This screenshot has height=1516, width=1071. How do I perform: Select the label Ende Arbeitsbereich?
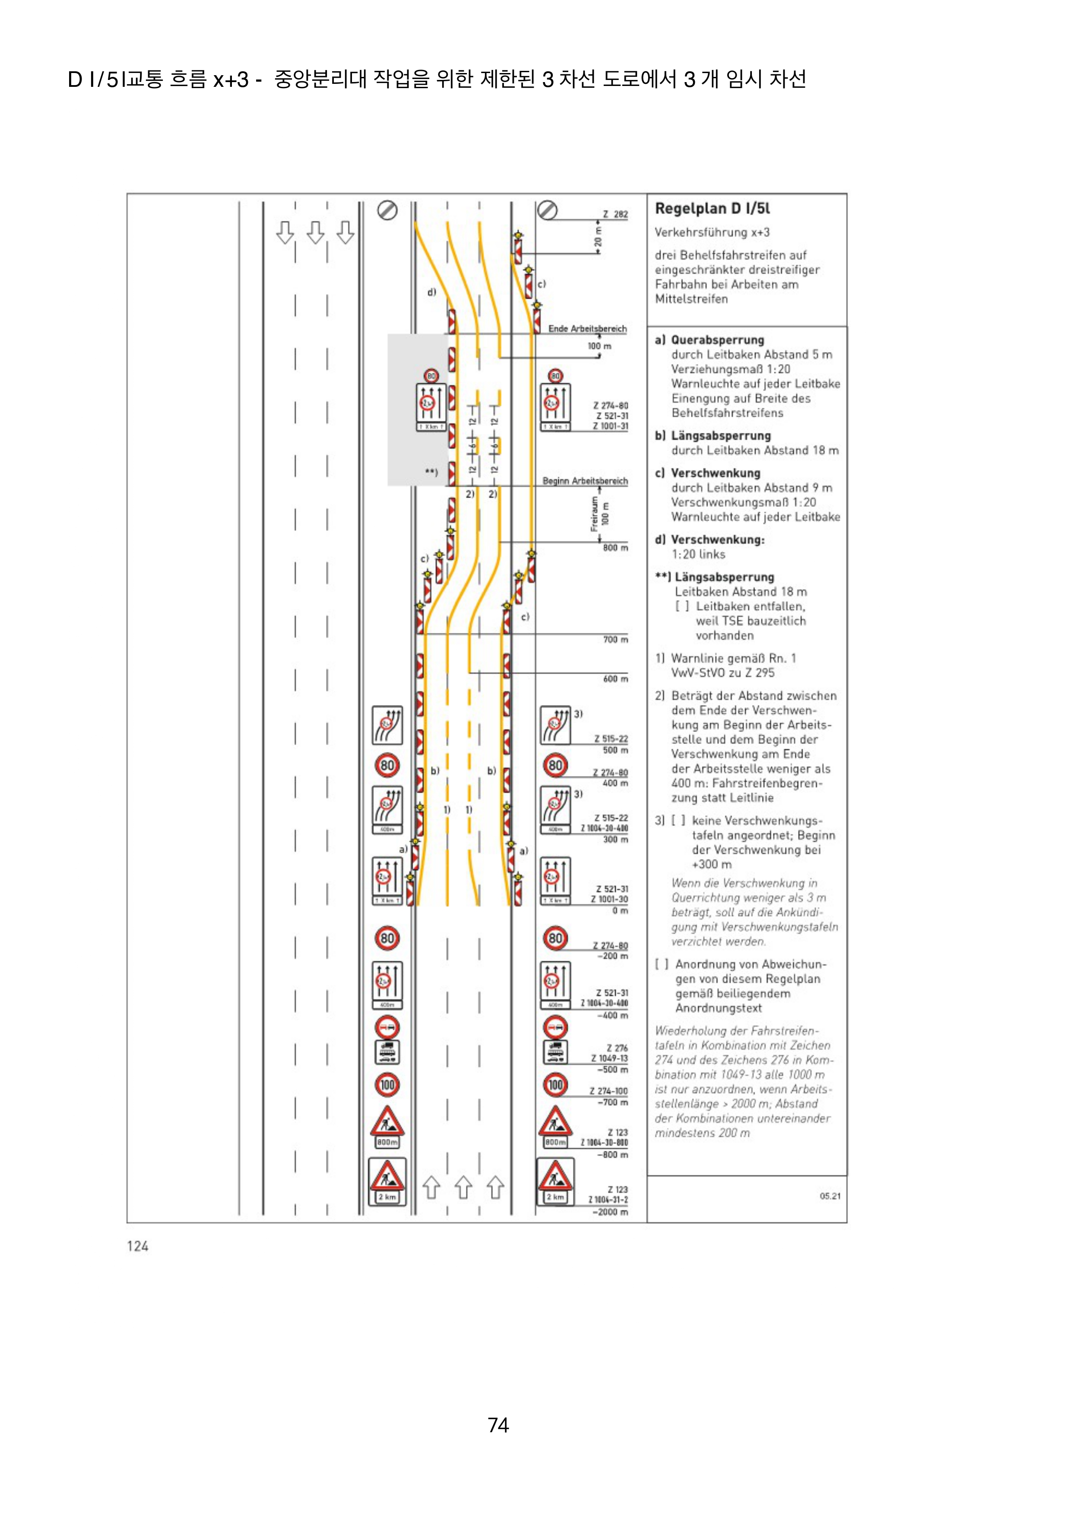pos(587,328)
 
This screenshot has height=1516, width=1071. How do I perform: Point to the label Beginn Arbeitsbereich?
pos(585,481)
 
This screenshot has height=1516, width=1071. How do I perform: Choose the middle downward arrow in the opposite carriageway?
pos(315,232)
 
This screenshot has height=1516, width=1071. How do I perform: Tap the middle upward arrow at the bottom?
pos(463,1187)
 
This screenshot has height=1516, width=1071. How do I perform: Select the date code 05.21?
pos(830,1196)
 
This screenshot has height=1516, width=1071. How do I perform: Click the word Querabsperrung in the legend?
pos(717,340)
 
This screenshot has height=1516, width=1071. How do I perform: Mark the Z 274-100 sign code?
pos(608,1091)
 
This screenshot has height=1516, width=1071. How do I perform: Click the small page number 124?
pos(137,1246)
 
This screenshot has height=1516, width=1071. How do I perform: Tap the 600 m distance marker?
pos(615,679)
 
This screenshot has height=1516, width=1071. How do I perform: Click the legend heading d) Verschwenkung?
pos(710,540)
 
